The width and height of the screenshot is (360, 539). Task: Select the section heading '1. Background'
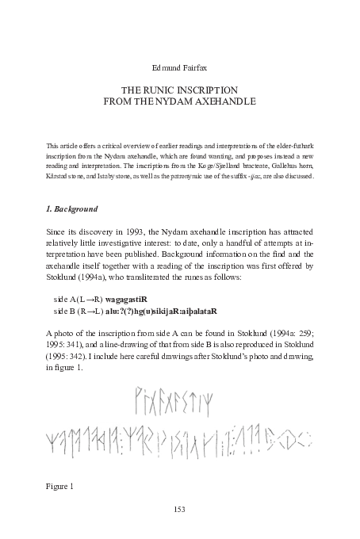[x=72, y=209]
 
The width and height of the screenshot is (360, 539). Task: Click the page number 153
[x=179, y=508]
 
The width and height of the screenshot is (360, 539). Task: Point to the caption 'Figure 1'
[x=59, y=484]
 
